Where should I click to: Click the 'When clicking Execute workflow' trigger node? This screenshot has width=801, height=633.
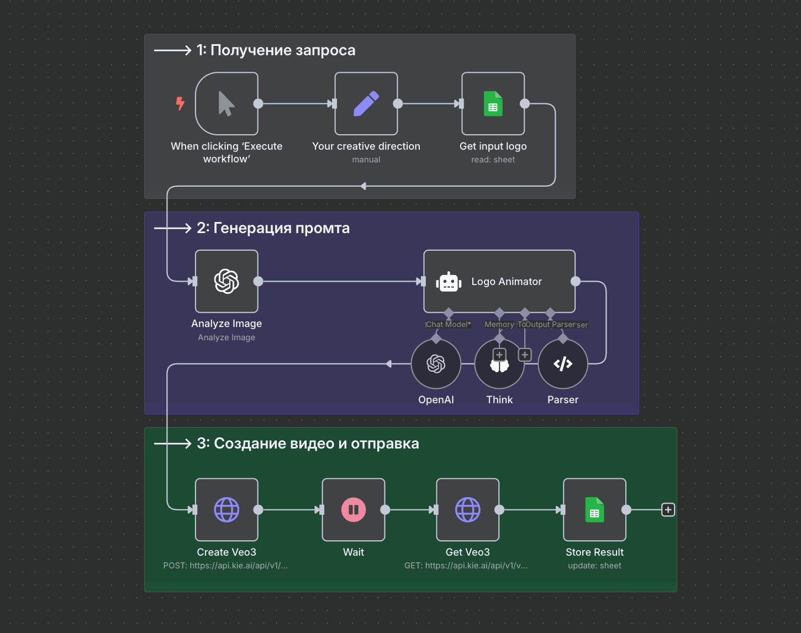[226, 103]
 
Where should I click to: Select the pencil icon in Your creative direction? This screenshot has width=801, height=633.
[366, 103]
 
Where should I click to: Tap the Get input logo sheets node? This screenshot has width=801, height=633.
[493, 103]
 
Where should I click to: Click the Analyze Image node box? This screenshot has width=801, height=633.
[226, 281]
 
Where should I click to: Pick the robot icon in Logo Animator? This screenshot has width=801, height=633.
[449, 282]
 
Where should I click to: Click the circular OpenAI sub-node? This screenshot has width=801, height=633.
[436, 363]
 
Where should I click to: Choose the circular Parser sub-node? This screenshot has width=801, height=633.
[562, 363]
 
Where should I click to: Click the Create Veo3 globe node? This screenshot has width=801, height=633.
[226, 509]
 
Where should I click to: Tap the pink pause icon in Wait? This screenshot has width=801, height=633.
[354, 509]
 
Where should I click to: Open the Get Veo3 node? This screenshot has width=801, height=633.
[467, 509]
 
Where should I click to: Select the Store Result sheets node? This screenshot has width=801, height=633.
[594, 509]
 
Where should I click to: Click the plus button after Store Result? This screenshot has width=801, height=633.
[668, 509]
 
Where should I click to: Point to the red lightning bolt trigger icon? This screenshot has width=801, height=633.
[180, 103]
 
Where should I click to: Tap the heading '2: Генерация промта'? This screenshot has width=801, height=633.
[273, 228]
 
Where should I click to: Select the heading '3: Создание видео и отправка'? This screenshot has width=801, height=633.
[308, 444]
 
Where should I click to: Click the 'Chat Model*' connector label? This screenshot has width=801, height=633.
[448, 325]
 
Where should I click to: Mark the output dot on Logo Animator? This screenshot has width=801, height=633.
[576, 281]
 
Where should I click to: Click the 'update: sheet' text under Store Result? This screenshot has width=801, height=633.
[594, 566]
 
